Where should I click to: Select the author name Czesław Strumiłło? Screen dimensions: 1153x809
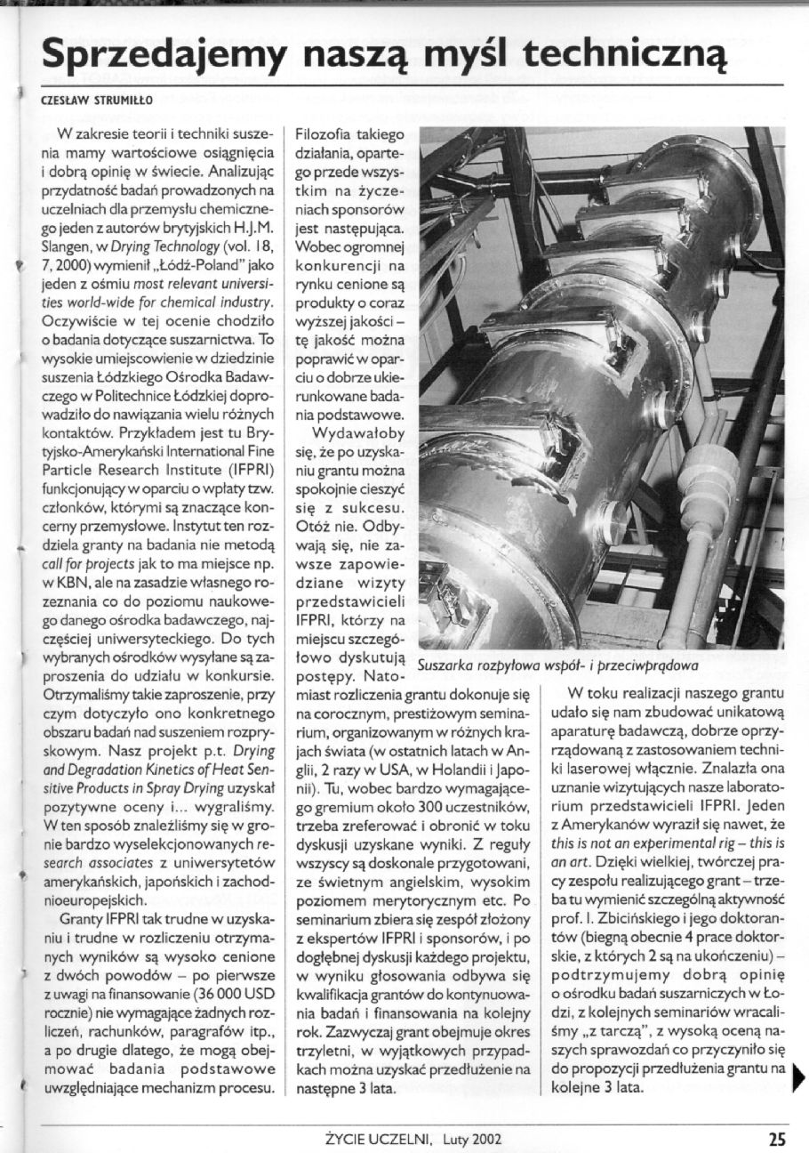coord(85,101)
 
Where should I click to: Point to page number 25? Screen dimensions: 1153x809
coord(776,1138)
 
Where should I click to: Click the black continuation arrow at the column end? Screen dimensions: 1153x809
coord(799,1078)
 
